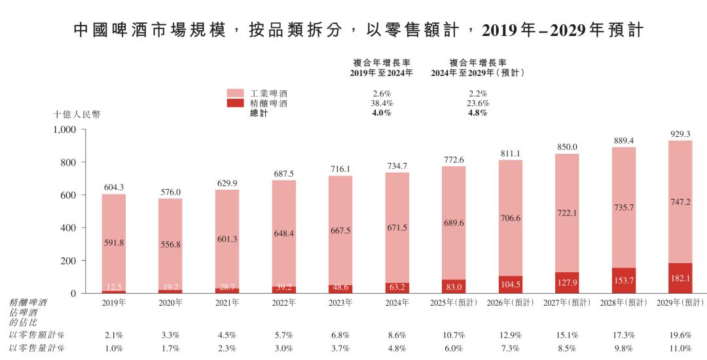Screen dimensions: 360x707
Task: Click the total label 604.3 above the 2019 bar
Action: (113, 187)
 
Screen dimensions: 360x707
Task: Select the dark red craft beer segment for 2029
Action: (680, 278)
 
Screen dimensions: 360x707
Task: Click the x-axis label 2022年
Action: (283, 303)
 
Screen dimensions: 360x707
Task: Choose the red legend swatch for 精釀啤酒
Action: (236, 103)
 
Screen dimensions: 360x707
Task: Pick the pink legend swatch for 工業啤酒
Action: (236, 94)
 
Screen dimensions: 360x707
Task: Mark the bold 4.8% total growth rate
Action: (479, 113)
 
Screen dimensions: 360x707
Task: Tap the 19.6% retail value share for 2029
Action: (680, 334)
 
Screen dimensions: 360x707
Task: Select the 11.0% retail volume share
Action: (680, 348)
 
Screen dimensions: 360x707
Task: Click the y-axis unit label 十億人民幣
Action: (77, 114)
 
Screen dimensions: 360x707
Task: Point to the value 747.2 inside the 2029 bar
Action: (680, 203)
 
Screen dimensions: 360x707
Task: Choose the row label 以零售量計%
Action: (37, 348)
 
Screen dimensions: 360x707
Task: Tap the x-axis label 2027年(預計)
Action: (567, 303)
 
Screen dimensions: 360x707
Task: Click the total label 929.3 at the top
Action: (680, 134)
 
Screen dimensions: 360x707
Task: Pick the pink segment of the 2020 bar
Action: (170, 243)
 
